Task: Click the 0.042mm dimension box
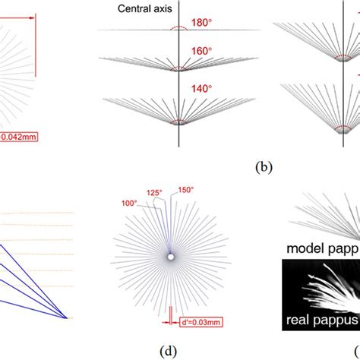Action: click(x=18, y=137)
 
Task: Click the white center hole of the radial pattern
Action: click(x=171, y=257)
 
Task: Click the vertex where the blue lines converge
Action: click(x=67, y=317)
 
